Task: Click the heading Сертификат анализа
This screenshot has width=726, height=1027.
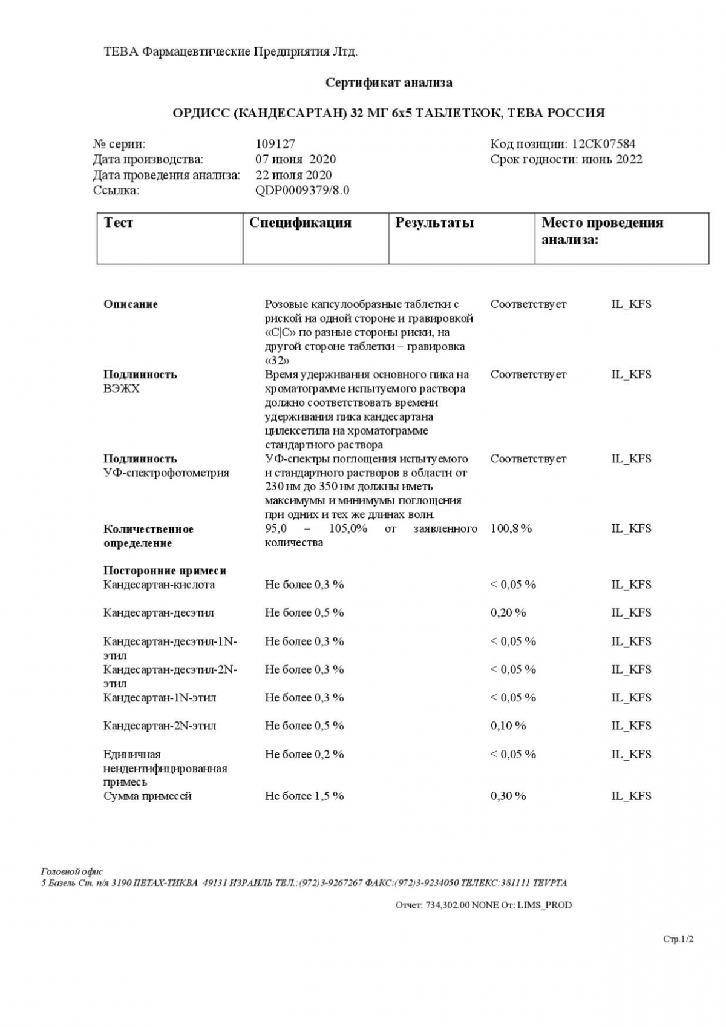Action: (388, 82)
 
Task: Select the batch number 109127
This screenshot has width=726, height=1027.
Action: (275, 144)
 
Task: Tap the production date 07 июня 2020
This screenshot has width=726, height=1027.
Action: (295, 159)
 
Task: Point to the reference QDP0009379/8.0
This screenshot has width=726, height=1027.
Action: (302, 190)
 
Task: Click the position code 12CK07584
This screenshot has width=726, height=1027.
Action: (603, 144)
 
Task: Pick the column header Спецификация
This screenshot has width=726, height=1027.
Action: (300, 223)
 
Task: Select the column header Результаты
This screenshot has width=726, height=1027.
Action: (434, 223)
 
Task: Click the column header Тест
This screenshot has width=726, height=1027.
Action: (119, 223)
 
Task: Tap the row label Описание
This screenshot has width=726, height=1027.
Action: (131, 304)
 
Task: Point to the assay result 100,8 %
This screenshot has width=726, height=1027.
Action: (511, 528)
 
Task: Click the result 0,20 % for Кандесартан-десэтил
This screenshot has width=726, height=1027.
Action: (508, 612)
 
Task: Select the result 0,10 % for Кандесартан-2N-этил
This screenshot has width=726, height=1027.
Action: (508, 726)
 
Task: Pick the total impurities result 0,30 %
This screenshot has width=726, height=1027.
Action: (508, 796)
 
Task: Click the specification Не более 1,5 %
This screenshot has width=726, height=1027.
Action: (304, 796)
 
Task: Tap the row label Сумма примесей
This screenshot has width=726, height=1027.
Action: (148, 796)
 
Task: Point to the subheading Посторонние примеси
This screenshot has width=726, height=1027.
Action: (165, 571)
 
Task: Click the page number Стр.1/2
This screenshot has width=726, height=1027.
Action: (678, 939)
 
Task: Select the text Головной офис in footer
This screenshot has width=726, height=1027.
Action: (72, 871)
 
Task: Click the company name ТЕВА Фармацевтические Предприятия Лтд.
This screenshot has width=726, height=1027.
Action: (231, 52)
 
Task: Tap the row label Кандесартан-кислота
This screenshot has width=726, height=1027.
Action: (159, 585)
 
